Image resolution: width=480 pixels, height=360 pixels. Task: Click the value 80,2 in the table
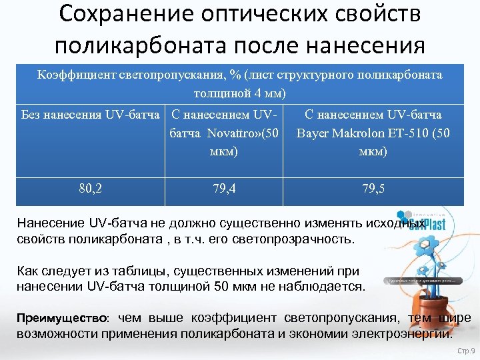coord(90,189)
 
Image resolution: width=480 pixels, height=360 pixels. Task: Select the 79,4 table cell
coord(223,189)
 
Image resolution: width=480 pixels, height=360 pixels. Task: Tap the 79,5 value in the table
coord(373,189)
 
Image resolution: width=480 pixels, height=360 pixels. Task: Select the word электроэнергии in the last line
coord(405,331)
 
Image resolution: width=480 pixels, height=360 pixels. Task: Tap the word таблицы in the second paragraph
coord(119,271)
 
